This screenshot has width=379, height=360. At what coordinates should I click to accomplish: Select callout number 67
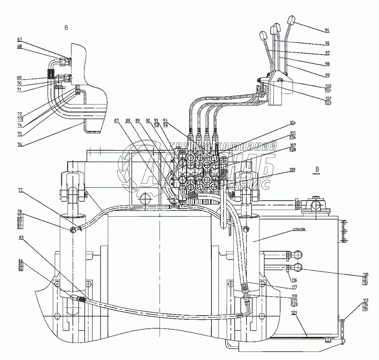click(19, 39)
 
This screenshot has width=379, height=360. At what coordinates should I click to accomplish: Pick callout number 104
click(293, 123)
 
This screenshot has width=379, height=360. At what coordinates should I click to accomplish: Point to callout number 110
click(354, 274)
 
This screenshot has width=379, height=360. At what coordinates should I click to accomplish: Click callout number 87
click(116, 121)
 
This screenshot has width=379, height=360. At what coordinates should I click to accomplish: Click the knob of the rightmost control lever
click(291, 20)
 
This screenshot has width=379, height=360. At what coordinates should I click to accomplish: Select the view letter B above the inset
click(67, 28)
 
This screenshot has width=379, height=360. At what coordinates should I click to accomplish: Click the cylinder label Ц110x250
click(299, 230)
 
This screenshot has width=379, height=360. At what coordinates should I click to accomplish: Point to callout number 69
click(19, 78)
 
